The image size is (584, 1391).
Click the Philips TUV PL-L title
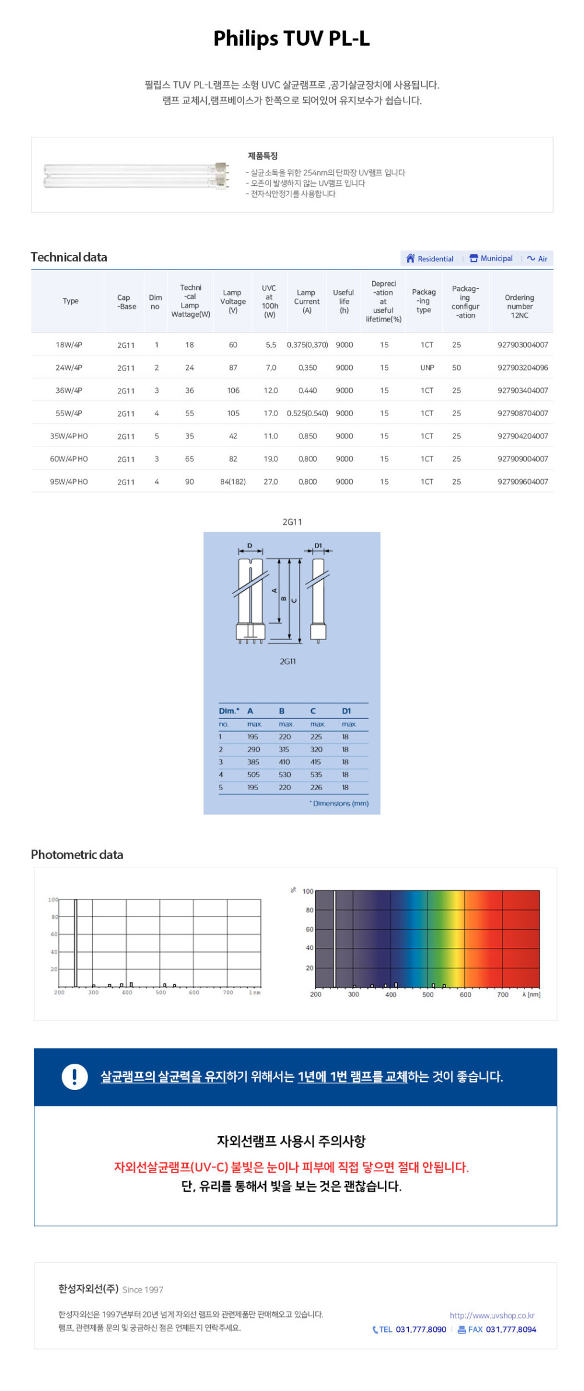click(291, 39)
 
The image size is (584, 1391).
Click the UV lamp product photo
click(136, 175)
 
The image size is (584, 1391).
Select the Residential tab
click(430, 258)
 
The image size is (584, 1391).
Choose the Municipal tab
click(491, 258)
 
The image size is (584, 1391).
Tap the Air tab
click(537, 258)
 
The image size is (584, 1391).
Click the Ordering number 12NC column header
click(519, 306)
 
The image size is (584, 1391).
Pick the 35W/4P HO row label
click(69, 436)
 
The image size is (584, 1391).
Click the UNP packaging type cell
click(427, 368)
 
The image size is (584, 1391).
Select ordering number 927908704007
click(523, 413)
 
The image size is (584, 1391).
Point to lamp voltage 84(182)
click(232, 482)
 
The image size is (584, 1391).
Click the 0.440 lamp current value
click(307, 390)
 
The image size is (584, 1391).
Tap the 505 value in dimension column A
click(253, 774)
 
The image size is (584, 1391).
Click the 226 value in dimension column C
click(316, 787)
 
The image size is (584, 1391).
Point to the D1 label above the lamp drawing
click(318, 545)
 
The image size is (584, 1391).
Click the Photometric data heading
click(77, 854)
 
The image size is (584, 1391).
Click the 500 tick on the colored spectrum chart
click(428, 994)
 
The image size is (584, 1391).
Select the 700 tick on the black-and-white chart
click(228, 992)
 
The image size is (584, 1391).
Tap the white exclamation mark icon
click(75, 1077)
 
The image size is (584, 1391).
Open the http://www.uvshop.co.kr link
click(492, 1315)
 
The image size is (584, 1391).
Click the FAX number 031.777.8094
click(510, 1329)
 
